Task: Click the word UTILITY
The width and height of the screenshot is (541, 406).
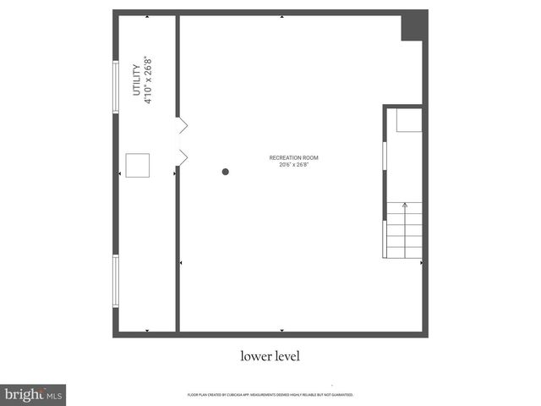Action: point(138,80)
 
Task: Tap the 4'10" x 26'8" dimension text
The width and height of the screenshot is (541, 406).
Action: point(149,80)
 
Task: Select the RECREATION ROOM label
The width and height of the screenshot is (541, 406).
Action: point(293,157)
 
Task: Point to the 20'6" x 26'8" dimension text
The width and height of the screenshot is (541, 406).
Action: point(293,165)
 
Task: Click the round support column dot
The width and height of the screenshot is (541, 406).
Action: point(226,172)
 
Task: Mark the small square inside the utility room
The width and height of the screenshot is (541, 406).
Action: point(137,165)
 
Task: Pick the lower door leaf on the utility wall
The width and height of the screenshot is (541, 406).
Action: point(182,156)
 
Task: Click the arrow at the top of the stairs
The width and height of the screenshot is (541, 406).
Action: point(405,206)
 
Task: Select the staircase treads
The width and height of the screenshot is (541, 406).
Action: point(404,237)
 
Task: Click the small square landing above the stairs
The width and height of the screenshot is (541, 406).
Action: point(409,120)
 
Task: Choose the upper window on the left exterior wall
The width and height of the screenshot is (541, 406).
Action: point(116,85)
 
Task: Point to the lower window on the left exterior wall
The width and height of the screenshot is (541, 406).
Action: point(116,281)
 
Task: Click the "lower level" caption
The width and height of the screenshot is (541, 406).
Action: point(270,356)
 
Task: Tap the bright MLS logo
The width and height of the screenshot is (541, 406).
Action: point(33,394)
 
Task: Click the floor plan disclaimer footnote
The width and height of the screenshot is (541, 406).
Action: point(270,395)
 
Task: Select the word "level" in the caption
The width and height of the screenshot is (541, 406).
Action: point(286,356)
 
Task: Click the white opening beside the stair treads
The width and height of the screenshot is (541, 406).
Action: point(385,237)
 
